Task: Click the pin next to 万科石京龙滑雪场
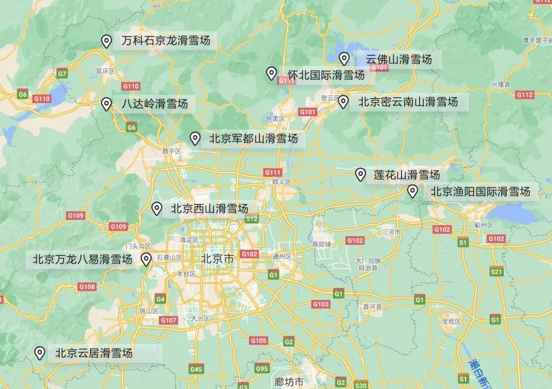[106, 41]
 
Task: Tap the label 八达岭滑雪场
[154, 105]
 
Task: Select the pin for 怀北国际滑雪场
[271, 73]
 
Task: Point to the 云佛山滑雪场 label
[399, 59]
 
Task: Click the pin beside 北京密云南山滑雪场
[343, 102]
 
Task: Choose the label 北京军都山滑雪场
[253, 139]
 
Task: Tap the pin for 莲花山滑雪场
[360, 174]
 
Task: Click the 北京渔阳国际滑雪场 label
[480, 192]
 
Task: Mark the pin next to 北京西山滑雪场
[156, 208]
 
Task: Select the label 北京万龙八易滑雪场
[82, 259]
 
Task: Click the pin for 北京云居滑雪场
[40, 352]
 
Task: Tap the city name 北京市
[218, 259]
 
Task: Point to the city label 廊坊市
[289, 382]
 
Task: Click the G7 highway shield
[63, 74]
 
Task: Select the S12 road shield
[251, 219]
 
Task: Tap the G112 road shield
[524, 95]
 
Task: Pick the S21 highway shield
[496, 272]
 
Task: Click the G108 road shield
[87, 287]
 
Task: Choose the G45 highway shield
[196, 369]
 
